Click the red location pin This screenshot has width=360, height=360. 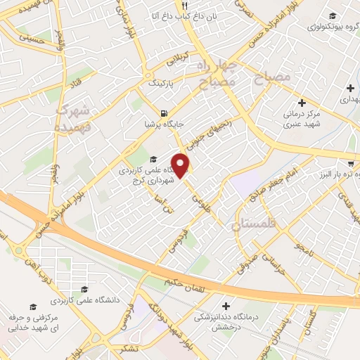pos(181,166)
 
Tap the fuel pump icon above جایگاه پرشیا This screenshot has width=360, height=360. pos(164,112)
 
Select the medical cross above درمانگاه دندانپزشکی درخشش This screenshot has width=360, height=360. pos(226,306)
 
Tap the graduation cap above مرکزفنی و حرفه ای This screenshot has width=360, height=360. pos(32,307)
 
